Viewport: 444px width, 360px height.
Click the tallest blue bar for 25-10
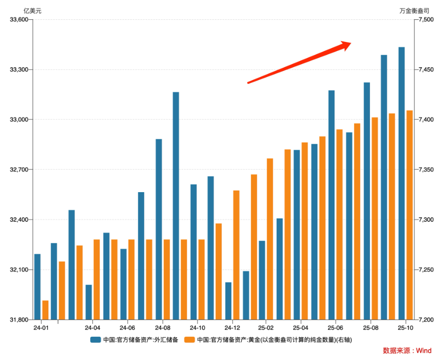tap(402, 183)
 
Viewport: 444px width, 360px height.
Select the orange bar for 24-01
tap(45, 310)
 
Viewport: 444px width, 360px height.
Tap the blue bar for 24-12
tap(228, 301)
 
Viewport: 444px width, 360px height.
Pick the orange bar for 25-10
tap(409, 215)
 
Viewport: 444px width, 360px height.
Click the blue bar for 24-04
tap(89, 302)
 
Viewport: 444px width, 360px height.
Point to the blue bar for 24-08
tap(159, 229)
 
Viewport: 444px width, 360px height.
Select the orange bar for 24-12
tap(236, 255)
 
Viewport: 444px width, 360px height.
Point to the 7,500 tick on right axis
tap(426, 20)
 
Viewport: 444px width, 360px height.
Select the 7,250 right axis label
tap(426, 270)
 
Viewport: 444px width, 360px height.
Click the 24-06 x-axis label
tap(127, 327)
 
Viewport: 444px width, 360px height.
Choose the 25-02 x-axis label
tap(265, 327)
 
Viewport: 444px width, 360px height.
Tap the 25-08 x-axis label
tap(370, 327)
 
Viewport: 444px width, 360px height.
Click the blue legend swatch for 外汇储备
tap(96, 340)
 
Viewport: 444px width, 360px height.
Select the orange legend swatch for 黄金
tap(189, 340)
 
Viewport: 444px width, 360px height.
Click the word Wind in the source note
tap(423, 351)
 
